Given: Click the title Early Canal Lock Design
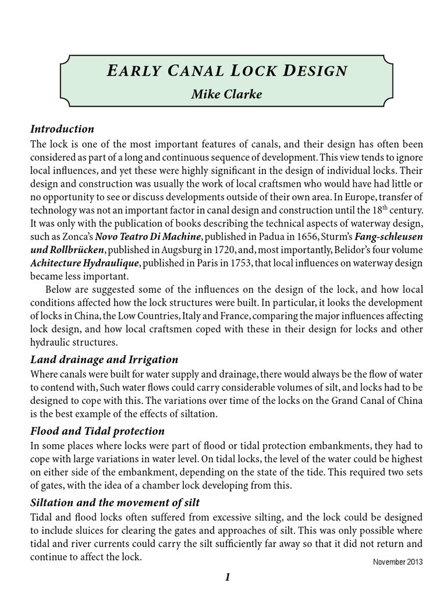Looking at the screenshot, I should tap(227, 71).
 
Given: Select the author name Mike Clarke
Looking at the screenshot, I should tap(227, 94).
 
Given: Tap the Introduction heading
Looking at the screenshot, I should tap(62, 129).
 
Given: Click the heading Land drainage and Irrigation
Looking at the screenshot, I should tap(104, 359).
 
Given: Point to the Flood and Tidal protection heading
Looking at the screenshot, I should tap(97, 431).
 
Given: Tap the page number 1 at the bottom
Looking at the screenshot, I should tap(228, 577).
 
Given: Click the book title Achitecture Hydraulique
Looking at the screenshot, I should tap(84, 263).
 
